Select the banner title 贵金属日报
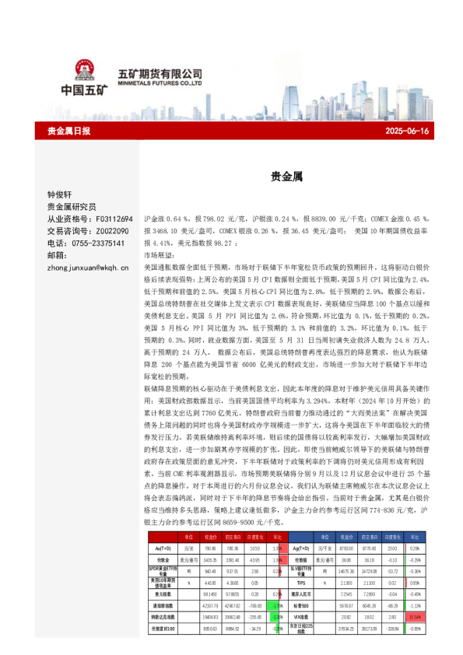click(x=68, y=131)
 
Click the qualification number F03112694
click(x=110, y=220)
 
